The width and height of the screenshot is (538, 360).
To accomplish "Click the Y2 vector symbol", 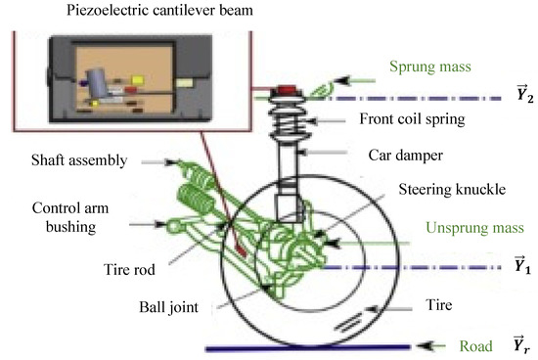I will (523, 97).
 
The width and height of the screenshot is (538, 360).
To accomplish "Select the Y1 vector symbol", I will (523, 265).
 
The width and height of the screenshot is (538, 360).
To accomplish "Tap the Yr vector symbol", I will (523, 345).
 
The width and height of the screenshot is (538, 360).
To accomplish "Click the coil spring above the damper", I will (291, 122).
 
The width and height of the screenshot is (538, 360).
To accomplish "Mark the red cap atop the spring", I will (290, 92).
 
